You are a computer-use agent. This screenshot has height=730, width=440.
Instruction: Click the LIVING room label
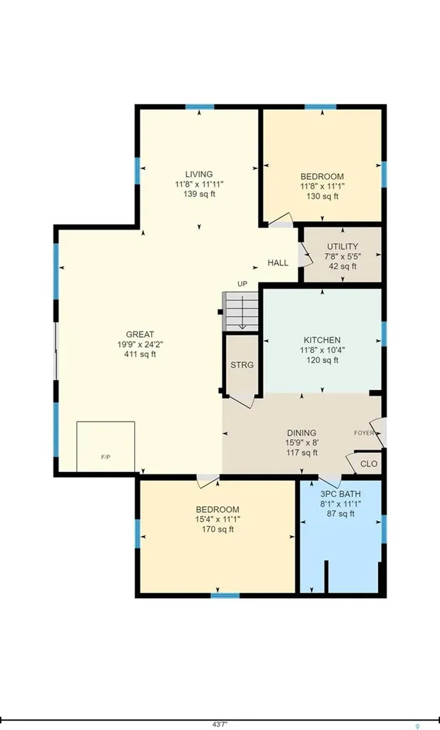(199, 175)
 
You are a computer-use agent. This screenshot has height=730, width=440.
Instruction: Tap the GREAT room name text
(140, 334)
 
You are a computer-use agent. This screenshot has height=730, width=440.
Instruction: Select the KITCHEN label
(322, 340)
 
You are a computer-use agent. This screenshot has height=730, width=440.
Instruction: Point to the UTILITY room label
(342, 246)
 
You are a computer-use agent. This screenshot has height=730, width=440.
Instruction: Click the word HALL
(277, 263)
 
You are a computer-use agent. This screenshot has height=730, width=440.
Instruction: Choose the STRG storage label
(242, 365)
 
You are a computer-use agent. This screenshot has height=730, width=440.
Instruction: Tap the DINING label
(301, 433)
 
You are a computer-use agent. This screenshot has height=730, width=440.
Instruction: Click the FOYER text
(364, 433)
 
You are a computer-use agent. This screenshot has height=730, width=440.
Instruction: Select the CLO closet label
(369, 464)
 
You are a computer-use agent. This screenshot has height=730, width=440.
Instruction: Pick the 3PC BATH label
(340, 494)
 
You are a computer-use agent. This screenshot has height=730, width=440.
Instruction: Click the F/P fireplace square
(106, 448)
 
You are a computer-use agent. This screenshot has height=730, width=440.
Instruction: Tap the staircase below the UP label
(240, 311)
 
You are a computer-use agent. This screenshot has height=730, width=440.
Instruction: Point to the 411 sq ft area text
(140, 354)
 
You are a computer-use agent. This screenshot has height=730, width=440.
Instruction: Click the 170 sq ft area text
(218, 530)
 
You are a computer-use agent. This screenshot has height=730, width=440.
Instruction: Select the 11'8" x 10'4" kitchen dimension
(322, 350)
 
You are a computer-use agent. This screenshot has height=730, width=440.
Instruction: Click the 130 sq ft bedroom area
(322, 197)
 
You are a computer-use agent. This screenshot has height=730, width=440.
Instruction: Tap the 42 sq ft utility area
(343, 267)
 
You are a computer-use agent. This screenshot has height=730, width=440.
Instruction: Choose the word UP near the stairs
(242, 284)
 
